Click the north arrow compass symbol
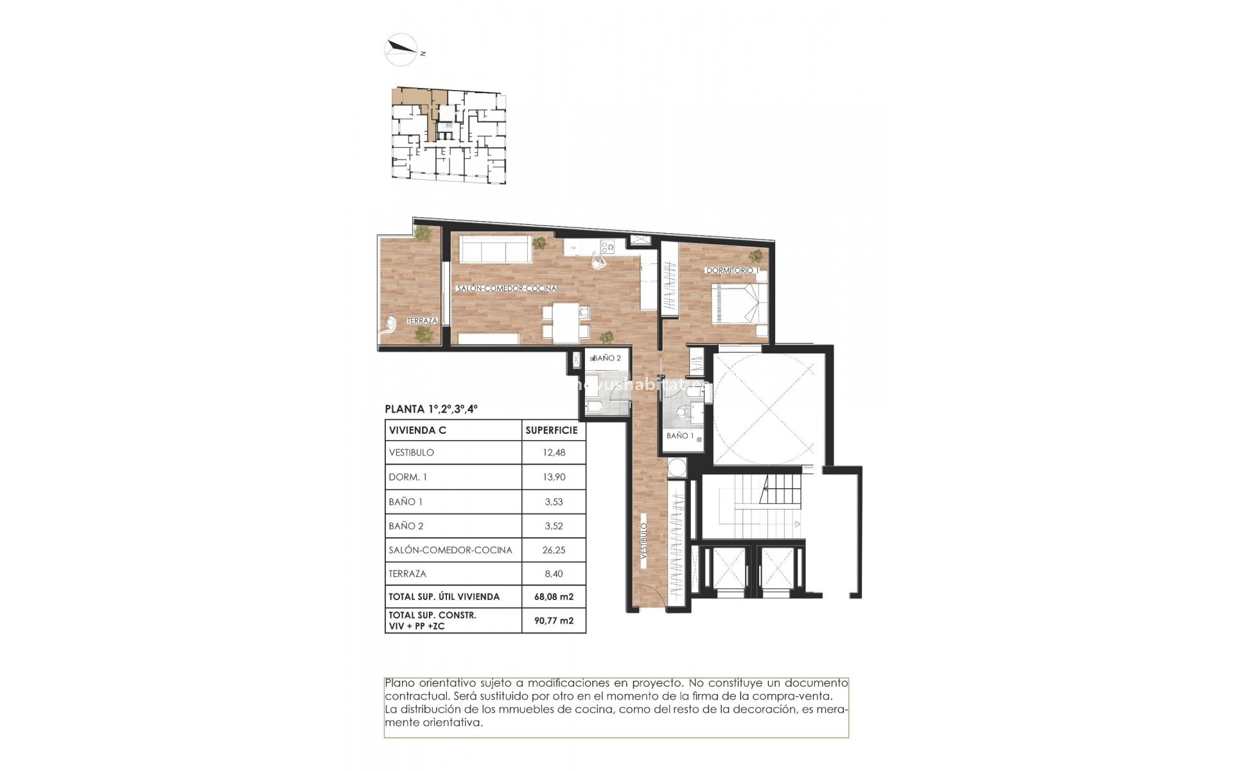(401, 48)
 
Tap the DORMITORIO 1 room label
(732, 270)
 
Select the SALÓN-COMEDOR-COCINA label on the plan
(507, 289)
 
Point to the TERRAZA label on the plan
(422, 321)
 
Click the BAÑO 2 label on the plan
(606, 359)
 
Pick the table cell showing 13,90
(554, 477)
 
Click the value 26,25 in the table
(554, 550)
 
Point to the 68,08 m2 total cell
(554, 596)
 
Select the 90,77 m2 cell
(554, 621)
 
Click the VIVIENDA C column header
(417, 430)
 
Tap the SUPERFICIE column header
(552, 430)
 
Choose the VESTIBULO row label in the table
(412, 452)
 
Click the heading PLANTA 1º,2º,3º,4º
(431, 409)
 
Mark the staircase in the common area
(764, 508)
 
